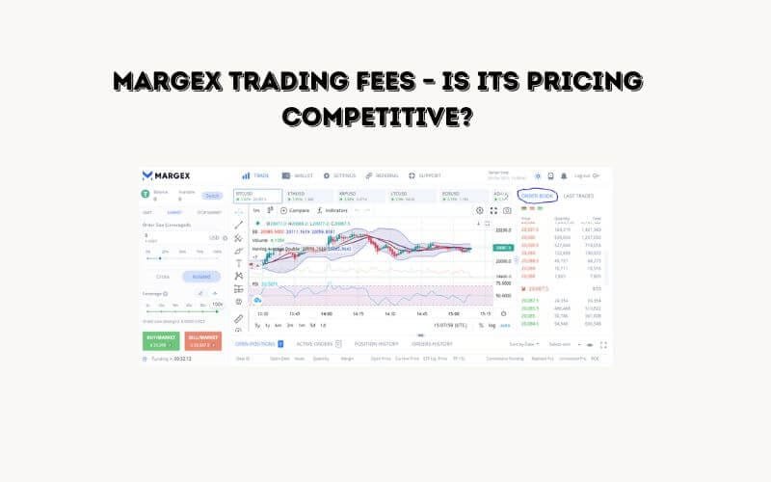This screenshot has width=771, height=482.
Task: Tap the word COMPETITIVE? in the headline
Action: click(x=385, y=119)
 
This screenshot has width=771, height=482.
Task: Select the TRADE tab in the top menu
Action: click(x=257, y=175)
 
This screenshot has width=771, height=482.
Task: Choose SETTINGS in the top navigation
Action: click(x=340, y=175)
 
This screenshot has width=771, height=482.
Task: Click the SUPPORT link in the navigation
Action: click(x=425, y=175)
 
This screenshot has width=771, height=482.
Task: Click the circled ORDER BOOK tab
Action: click(x=537, y=196)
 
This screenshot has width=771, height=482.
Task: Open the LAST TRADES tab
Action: click(x=579, y=196)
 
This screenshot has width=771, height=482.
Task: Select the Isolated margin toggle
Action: click(x=201, y=276)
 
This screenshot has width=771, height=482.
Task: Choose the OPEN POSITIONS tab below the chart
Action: click(x=256, y=343)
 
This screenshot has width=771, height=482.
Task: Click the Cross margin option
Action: click(x=162, y=276)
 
